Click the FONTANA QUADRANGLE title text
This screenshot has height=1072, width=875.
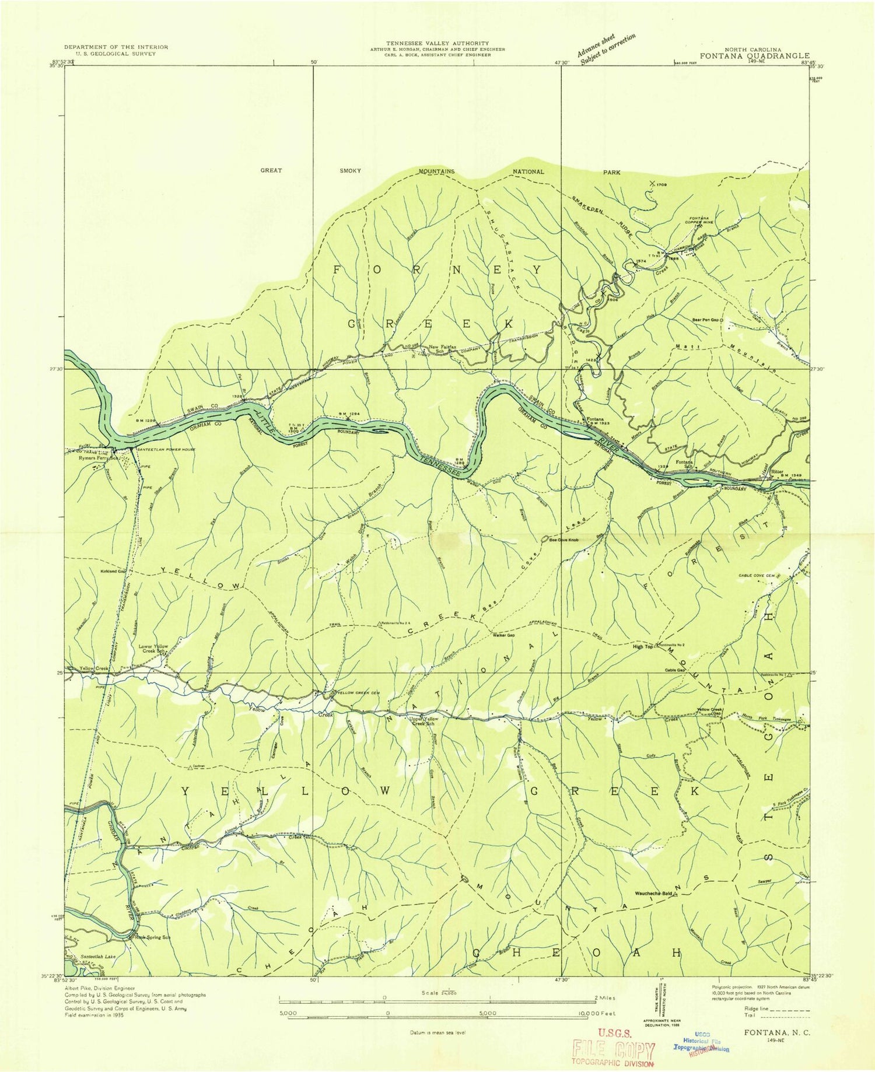coord(755,56)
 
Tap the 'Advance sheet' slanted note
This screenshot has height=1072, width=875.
coord(605,47)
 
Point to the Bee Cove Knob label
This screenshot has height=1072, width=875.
coord(563,540)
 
